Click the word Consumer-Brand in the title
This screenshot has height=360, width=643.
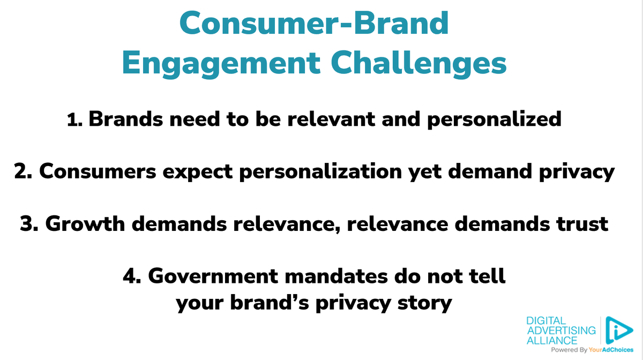coord(314,24)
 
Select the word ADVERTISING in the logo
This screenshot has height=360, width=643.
coord(561,331)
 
